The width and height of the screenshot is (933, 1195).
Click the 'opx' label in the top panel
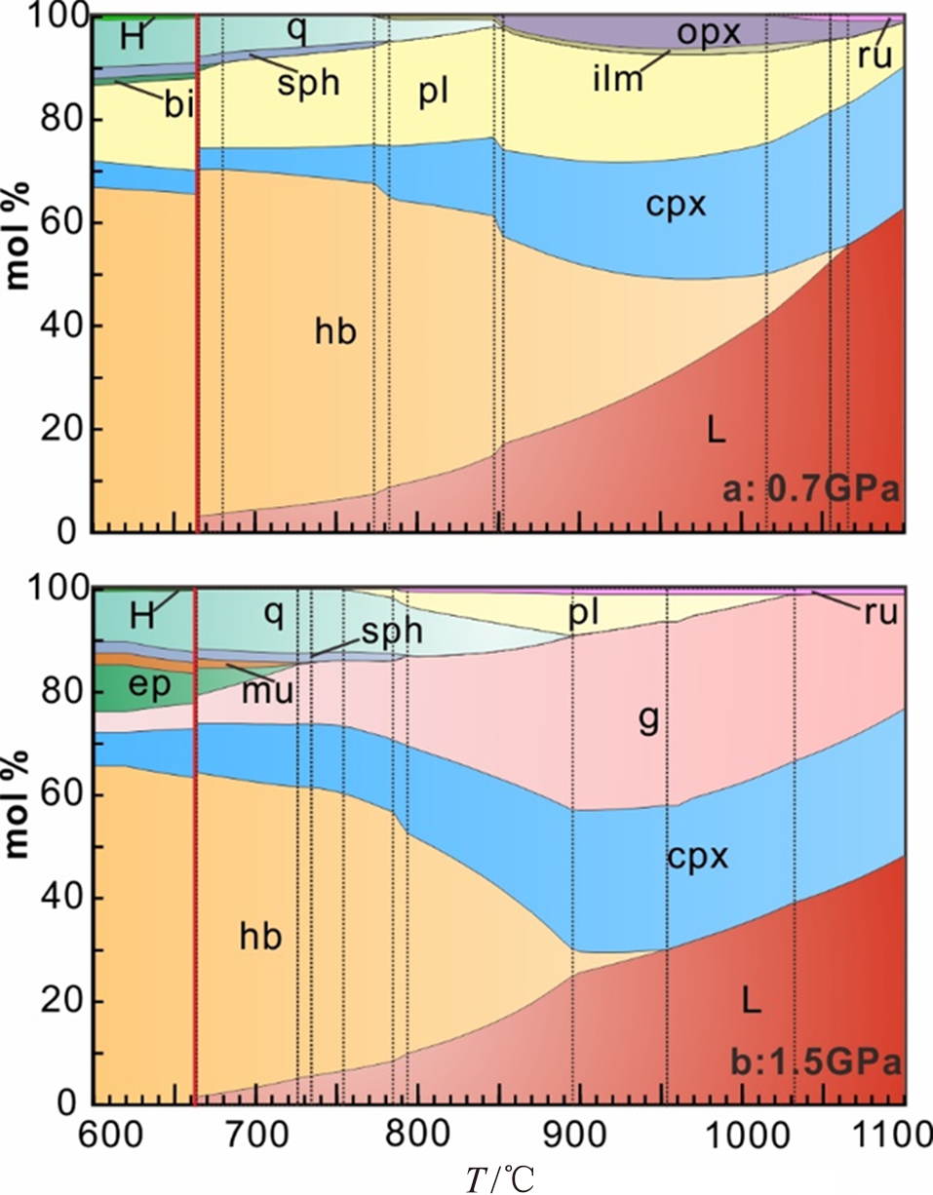(710, 33)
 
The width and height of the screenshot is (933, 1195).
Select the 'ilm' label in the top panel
(618, 78)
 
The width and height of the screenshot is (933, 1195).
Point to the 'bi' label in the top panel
(177, 105)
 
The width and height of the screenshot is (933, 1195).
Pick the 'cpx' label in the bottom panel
(699, 857)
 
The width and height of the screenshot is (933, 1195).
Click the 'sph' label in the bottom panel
(391, 633)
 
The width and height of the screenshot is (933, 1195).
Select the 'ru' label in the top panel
(875, 56)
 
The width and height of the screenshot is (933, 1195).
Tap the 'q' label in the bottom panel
(276, 612)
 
